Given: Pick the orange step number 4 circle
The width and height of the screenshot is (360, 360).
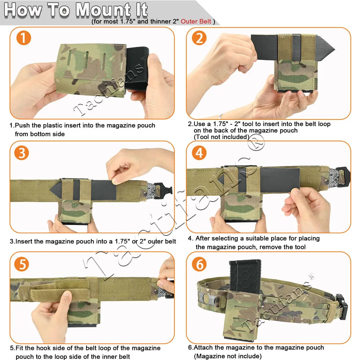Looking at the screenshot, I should point(199,153).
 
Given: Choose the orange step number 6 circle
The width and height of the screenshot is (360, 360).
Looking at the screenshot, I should point(199,265).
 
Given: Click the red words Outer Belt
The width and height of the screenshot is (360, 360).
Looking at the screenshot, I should point(195,22).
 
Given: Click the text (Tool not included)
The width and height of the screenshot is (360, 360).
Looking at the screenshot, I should point(221,137).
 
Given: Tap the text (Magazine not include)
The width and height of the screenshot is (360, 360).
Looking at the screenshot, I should point(228,356).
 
